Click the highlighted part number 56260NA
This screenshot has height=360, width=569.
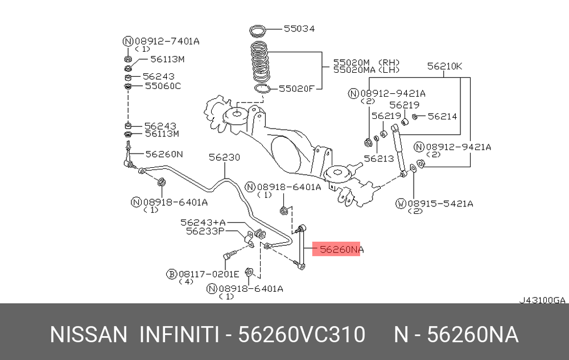pos(341,250)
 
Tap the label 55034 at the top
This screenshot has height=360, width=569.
pos(299,28)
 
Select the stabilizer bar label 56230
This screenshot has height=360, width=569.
pos(224,157)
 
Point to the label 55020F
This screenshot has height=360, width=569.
pos(296,89)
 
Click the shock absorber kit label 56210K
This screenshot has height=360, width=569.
pos(444,66)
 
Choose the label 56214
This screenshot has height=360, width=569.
pos(442,116)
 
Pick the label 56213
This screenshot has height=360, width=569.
pos(379,158)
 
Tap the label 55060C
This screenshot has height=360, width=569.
pos(163,86)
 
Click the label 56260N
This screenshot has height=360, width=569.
pos(164,154)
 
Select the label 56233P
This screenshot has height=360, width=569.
pos(205,231)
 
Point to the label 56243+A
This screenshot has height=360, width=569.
pos(203,222)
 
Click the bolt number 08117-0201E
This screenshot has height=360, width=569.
pos(209,274)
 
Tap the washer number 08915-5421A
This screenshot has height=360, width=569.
pos(440,204)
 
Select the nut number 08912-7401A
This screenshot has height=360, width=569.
pos(167,41)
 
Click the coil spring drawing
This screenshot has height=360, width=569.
pos(261,61)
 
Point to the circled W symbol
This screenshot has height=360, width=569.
pos(401,204)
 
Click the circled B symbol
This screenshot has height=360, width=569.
pos(172,274)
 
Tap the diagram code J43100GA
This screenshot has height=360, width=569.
pos(542,300)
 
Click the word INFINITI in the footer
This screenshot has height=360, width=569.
pos(179,334)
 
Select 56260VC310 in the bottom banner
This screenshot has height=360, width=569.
pos(302,334)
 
